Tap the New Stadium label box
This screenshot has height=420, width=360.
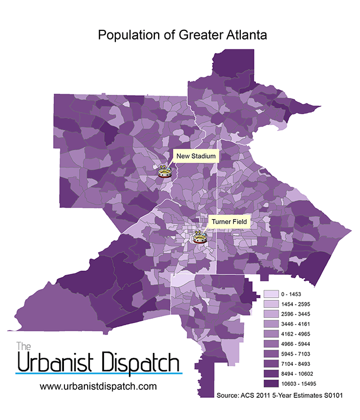tap(195, 156)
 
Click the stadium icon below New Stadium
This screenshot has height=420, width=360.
tap(165, 172)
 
